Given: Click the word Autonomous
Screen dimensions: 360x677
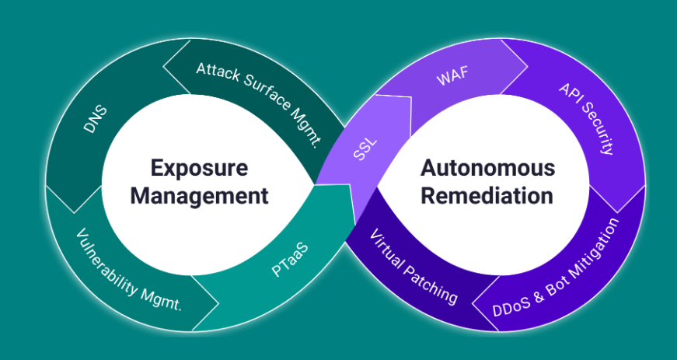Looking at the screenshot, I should tap(488, 167).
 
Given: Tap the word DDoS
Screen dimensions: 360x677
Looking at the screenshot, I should tap(511, 304).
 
